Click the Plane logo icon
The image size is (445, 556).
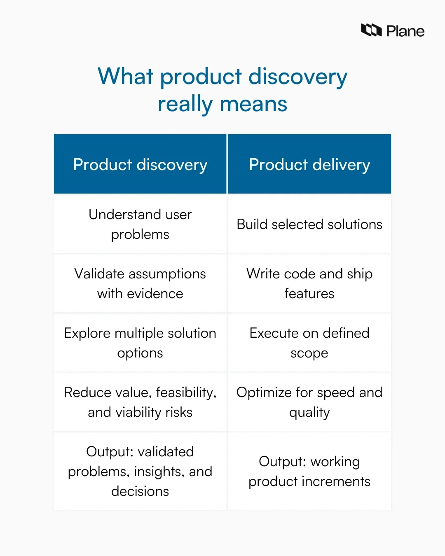[371, 30]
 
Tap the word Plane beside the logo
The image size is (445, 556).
[405, 31]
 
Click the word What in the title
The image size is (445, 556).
[125, 77]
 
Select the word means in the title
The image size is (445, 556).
[253, 104]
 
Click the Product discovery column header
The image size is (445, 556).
[140, 164]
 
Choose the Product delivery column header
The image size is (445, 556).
[309, 164]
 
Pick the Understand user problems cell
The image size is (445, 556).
[140, 224]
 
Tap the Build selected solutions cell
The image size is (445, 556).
[309, 224]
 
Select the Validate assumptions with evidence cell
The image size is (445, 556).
[140, 283]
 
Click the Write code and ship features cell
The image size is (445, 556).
[309, 283]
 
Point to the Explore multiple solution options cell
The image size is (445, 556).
[140, 343]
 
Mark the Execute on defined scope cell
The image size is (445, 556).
[309, 343]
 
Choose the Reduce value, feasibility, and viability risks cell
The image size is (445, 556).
[140, 402]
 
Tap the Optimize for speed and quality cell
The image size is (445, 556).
[309, 402]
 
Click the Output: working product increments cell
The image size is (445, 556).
[309, 471]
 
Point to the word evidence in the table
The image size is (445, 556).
[155, 294]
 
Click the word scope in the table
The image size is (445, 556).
[309, 353]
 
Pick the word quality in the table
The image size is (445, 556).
[309, 413]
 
